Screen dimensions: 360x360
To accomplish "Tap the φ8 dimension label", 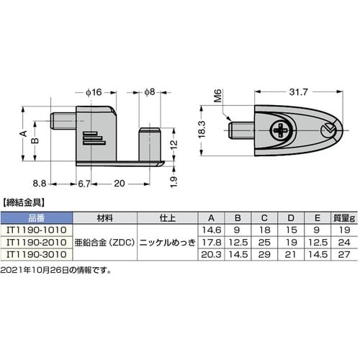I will coord(149,92).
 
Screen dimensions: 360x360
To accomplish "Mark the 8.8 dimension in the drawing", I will coord(40,184).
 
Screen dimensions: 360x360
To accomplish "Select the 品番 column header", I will coord(37,217).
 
